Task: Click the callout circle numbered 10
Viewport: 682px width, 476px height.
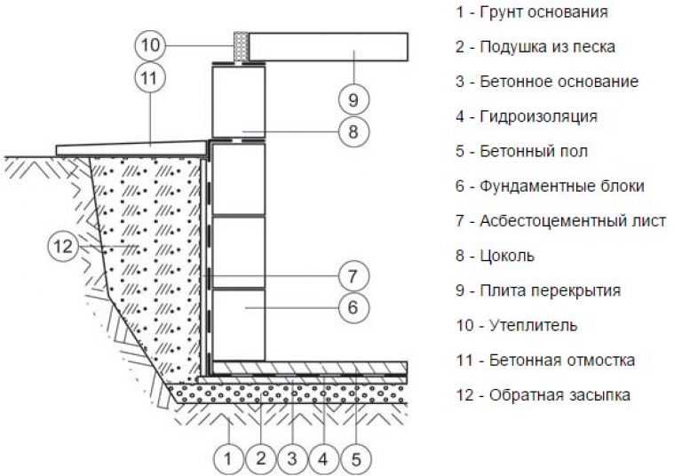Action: (151, 44)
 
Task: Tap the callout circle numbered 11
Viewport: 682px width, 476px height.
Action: (151, 77)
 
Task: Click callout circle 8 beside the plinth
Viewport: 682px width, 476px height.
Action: (353, 132)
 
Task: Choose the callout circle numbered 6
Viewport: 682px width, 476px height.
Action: (353, 308)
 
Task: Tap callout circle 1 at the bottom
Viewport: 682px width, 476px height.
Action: (228, 458)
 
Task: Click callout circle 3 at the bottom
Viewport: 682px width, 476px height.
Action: (291, 458)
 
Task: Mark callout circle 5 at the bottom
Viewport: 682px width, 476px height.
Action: (355, 458)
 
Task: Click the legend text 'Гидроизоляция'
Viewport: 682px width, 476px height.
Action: (526, 116)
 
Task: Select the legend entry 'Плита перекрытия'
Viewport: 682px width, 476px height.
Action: (537, 290)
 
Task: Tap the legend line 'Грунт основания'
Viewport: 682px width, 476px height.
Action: (531, 12)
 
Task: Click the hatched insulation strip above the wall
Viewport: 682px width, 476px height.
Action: (239, 48)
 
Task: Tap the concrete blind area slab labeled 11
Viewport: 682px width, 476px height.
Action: (133, 147)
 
